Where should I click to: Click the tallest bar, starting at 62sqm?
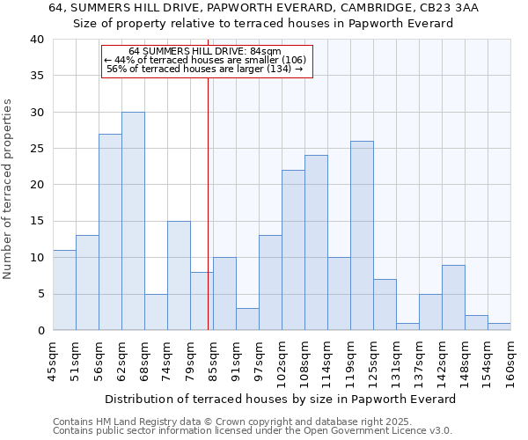133,221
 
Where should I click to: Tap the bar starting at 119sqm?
362,235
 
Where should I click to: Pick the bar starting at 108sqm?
316,242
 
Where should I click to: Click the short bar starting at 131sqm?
407,326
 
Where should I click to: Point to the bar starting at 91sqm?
247,319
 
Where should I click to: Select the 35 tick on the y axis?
36,76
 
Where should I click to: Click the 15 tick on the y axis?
36,221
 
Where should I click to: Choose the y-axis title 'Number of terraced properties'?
8,188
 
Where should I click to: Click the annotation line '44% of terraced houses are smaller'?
207,59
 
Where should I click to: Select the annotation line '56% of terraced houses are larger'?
204,68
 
